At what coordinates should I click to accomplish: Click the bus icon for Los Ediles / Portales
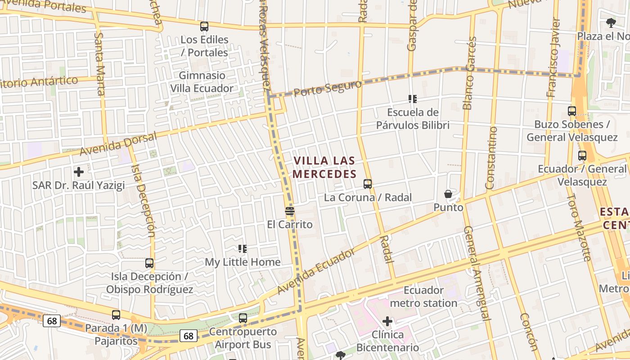[x=204, y=27]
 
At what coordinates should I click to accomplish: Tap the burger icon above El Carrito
[x=290, y=211]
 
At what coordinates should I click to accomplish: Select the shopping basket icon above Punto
[x=448, y=194]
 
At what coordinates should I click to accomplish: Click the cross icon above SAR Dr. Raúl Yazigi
[x=79, y=172]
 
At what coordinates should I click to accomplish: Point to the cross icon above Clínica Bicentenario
[x=387, y=321]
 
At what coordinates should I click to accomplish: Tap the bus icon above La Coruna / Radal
[x=368, y=184]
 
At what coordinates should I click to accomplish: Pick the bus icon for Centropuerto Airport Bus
[x=243, y=318]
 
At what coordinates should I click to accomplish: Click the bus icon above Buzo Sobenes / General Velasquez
[x=572, y=111]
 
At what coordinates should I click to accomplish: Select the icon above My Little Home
[x=243, y=248]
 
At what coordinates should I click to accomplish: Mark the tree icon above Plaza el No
[x=611, y=23]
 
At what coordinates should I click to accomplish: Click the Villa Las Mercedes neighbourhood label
[x=324, y=167]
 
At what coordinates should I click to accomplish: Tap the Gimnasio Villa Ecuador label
[x=202, y=82]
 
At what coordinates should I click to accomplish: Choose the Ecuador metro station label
[x=423, y=297]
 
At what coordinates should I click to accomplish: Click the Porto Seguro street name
[x=328, y=88]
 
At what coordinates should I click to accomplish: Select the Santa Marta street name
[x=100, y=63]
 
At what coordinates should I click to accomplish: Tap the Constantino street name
[x=491, y=157]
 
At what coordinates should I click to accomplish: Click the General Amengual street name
[x=476, y=273]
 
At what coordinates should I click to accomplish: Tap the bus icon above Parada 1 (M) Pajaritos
[x=116, y=315]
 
